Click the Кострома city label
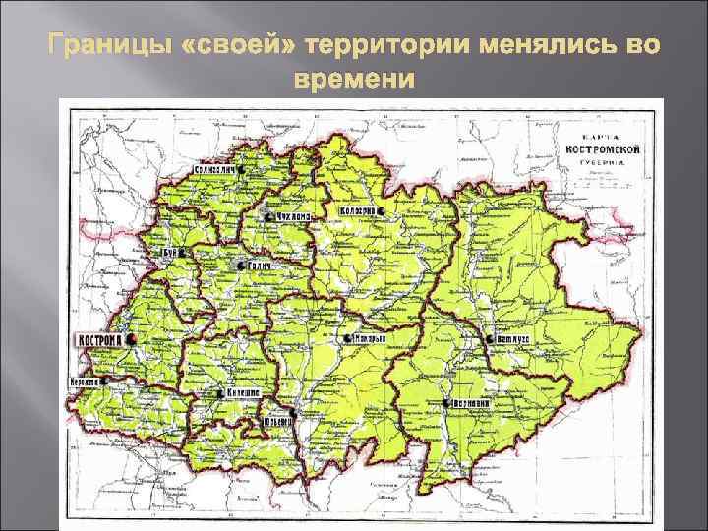tap(98, 339)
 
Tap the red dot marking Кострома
tap(130, 338)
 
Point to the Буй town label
tap(169, 251)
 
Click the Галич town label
tap(259, 266)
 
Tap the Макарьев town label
tap(369, 338)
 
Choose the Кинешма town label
tap(240, 392)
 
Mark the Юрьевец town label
tap(279, 421)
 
